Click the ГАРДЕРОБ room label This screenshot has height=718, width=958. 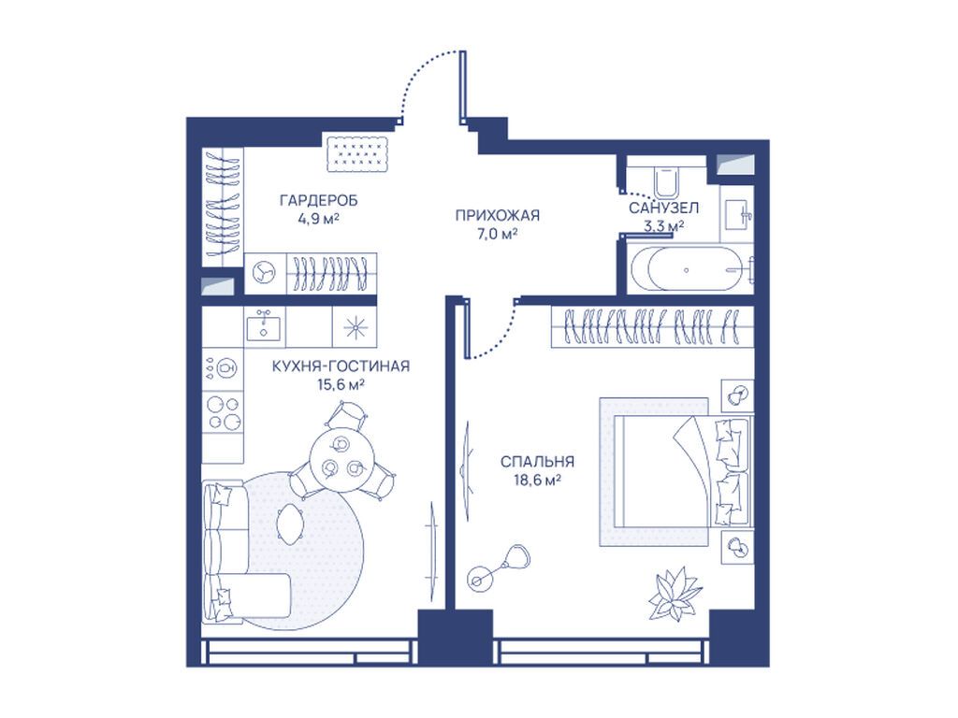[318, 200]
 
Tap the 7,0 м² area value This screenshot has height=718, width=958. [497, 233]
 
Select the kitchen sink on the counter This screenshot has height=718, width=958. [265, 325]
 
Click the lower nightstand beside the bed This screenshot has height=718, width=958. [737, 546]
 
